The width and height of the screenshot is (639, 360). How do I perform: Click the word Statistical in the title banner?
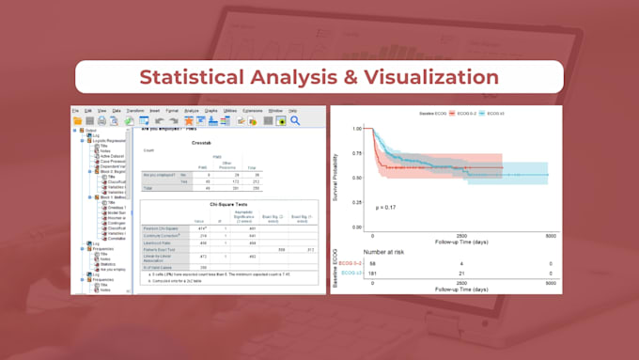(x=190, y=76)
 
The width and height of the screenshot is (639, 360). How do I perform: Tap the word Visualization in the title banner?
(x=418, y=76)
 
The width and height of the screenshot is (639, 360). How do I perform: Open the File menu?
(x=76, y=111)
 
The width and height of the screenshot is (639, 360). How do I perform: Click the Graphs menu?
(x=213, y=111)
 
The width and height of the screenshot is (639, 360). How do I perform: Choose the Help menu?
(x=292, y=111)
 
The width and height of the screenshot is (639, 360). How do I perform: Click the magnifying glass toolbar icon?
(x=294, y=120)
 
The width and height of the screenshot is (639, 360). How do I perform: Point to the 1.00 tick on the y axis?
(x=355, y=129)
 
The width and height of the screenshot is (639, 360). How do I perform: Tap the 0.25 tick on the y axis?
(x=355, y=199)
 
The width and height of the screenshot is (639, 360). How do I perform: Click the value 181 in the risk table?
(x=372, y=274)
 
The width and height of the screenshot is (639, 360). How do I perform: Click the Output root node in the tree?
(x=91, y=131)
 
